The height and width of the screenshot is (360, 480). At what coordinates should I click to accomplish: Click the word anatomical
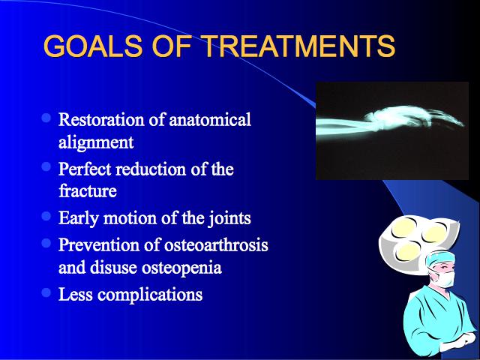point(210,119)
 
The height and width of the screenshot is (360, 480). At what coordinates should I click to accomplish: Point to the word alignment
point(96,142)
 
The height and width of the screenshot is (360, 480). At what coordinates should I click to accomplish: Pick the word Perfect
point(85,169)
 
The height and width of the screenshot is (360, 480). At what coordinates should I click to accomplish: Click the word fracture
point(88,191)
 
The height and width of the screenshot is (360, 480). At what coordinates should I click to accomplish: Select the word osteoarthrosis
point(216,245)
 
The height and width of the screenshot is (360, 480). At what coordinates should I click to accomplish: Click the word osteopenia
point(181,268)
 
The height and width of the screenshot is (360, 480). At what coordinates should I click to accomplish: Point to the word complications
point(150,295)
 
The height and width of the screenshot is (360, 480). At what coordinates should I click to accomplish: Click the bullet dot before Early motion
point(46,216)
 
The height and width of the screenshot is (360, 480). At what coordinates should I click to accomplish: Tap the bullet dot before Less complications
point(46,292)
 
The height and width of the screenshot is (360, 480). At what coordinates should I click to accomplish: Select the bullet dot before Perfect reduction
point(46,166)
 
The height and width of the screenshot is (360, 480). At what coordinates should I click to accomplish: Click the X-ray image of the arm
point(392,130)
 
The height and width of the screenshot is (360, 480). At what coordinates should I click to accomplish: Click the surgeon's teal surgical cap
point(440,259)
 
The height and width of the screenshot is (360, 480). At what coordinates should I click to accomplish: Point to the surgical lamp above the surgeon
point(418,242)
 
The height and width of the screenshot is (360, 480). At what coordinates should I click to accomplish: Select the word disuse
point(113,268)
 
